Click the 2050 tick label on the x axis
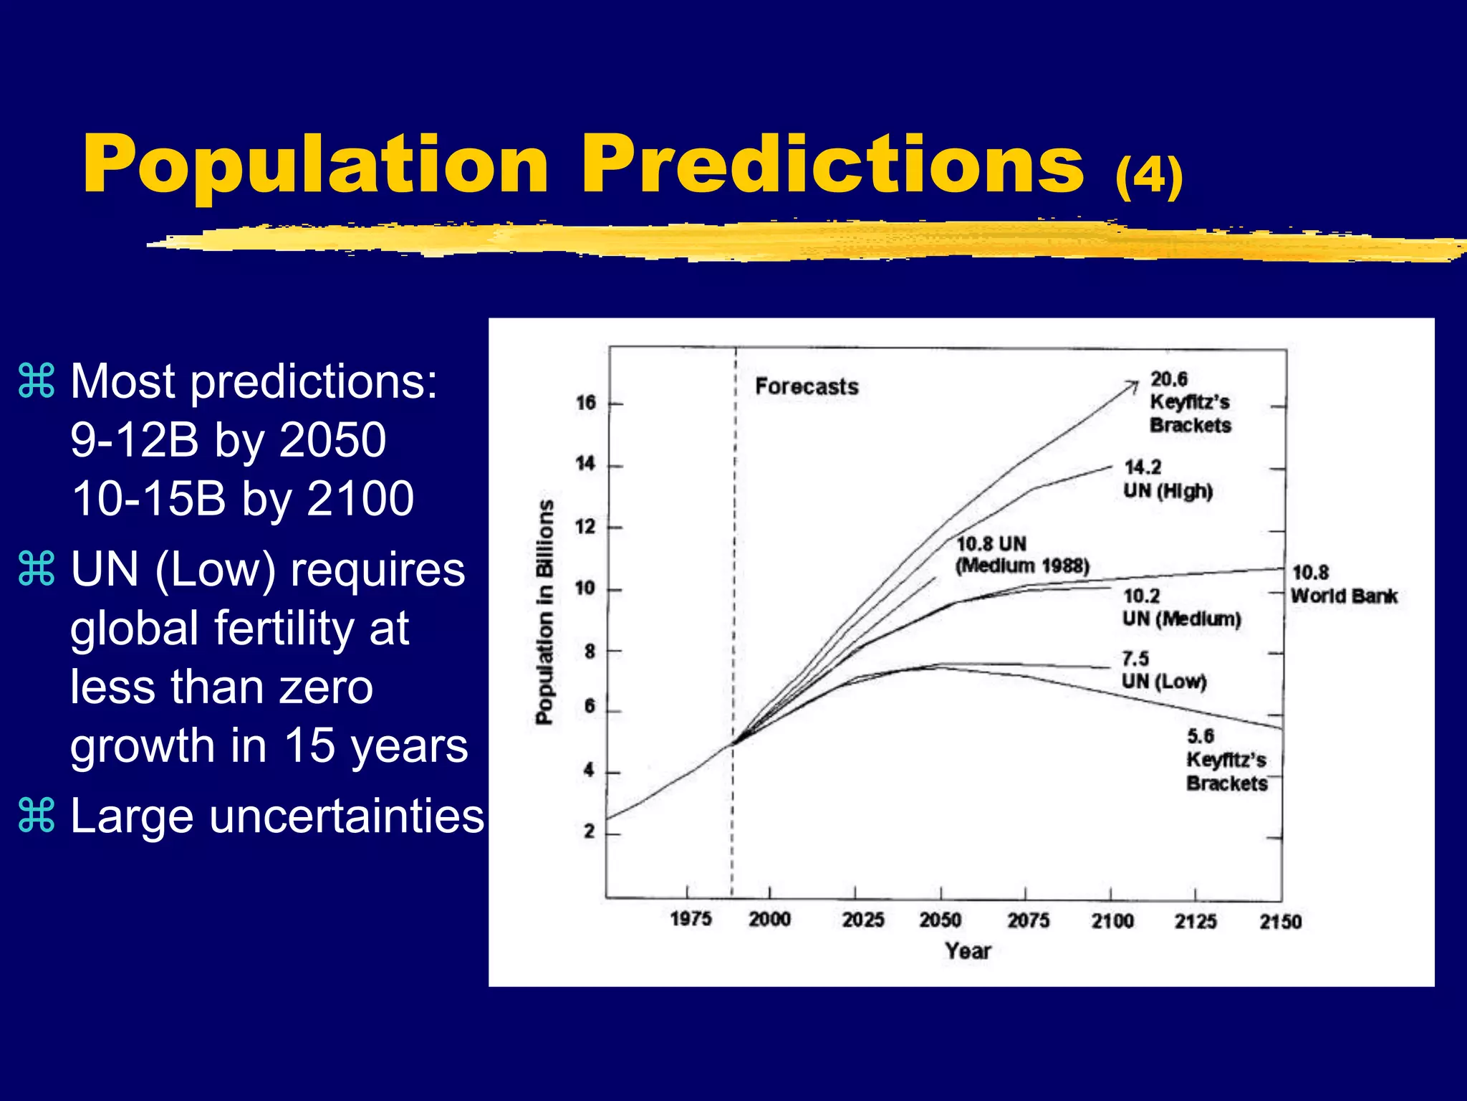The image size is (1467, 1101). [940, 920]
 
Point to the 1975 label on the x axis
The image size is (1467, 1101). [691, 919]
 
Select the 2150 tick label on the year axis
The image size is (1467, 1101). [1280, 921]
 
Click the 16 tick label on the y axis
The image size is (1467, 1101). [586, 403]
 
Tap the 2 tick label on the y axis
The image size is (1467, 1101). [589, 831]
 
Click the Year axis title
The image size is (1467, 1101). [968, 951]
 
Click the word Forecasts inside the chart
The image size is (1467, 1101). [807, 387]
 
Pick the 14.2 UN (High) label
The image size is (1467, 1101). [1168, 480]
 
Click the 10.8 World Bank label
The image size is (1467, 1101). [1343, 584]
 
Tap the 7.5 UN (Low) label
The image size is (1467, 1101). [1163, 670]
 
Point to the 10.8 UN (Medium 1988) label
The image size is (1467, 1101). [1021, 555]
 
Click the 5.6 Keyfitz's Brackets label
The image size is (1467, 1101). [1226, 760]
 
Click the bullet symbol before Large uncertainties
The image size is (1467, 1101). [36, 816]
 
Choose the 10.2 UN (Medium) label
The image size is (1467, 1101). [1180, 608]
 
